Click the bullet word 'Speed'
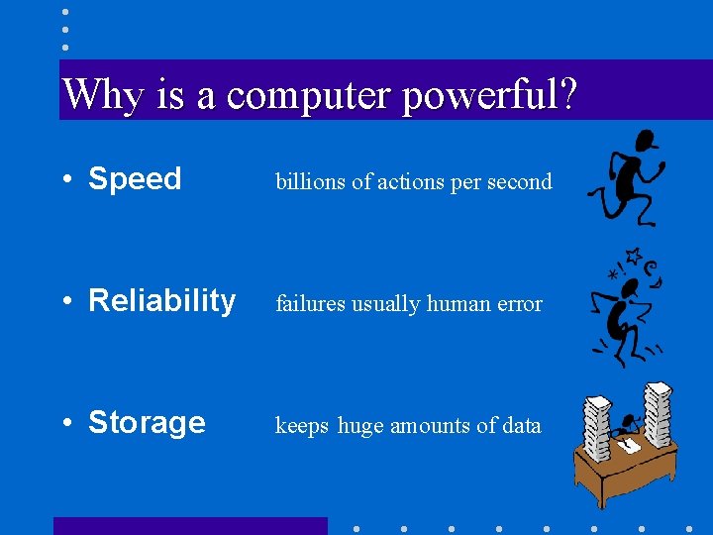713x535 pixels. (x=135, y=179)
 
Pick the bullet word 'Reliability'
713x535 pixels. (x=161, y=300)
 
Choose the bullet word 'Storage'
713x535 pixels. (x=147, y=423)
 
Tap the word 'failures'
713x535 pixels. (x=307, y=304)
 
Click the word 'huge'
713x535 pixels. (x=360, y=427)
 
